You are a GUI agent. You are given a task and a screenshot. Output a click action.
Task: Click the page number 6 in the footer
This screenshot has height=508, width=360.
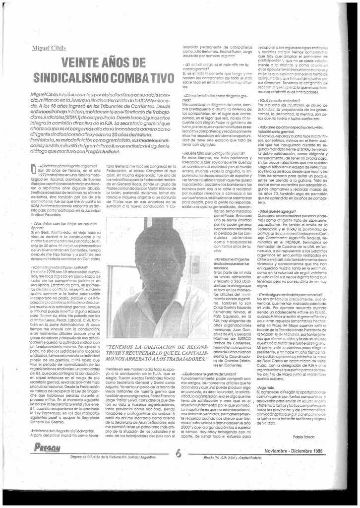pyautogui.click(x=178, y=453)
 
